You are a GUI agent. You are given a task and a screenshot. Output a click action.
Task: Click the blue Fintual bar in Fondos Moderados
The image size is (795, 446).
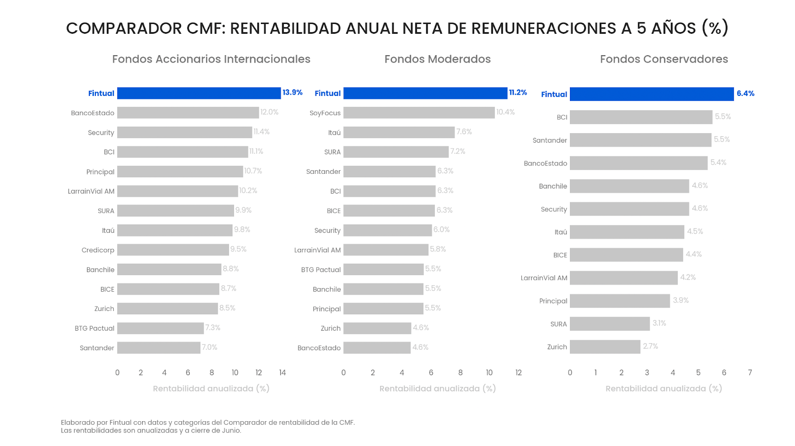coord(425,93)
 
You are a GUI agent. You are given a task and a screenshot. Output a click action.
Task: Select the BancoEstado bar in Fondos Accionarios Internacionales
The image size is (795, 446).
coord(188,113)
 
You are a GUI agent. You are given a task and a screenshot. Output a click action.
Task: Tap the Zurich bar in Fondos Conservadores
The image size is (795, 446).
coord(605,347)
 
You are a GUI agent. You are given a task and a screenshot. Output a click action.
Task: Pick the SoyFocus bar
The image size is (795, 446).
coord(419,113)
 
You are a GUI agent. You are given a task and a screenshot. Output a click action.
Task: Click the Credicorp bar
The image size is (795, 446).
coord(173,250)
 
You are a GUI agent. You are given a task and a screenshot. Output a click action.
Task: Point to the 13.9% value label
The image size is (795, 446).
coord(292,92)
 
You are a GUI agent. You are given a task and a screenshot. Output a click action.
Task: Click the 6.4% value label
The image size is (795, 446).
coord(745,93)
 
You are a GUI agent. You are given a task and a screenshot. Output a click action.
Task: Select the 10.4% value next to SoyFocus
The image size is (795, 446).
coord(505,112)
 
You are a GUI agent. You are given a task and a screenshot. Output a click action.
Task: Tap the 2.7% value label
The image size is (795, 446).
coord(650,346)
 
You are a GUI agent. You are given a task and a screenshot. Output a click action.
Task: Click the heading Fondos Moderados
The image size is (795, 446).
coord(437,59)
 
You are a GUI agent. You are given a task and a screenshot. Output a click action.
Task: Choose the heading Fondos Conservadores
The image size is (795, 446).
coord(664,59)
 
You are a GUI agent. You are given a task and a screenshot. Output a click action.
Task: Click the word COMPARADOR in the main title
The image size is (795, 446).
coord(124,28)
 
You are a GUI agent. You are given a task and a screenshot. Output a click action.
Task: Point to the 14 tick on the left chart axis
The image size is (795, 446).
coord(282,372)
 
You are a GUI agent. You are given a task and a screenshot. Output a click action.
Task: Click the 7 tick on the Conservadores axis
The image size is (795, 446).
coord(750,372)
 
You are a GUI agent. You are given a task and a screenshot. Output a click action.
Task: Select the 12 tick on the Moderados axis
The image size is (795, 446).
coord(518,372)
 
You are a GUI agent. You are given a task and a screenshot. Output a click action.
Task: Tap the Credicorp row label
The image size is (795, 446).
coord(98,250)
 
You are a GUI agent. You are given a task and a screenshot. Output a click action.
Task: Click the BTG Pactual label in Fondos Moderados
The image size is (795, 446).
coord(320,270)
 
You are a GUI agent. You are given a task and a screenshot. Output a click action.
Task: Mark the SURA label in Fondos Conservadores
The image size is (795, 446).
coord(558,324)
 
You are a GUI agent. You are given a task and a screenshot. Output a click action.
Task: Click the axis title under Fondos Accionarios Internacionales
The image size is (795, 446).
coord(211,388)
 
